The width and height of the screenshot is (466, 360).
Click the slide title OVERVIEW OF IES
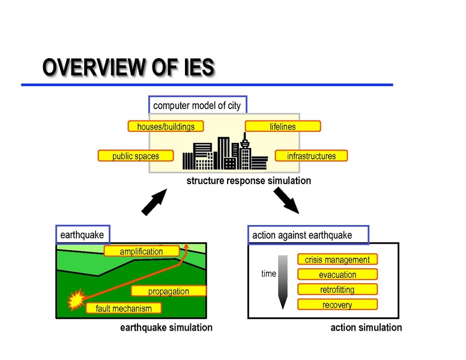click(x=128, y=68)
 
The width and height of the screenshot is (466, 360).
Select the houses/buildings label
click(x=166, y=127)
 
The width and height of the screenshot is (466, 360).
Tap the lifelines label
click(x=283, y=127)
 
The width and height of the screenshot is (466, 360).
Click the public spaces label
click(x=136, y=156)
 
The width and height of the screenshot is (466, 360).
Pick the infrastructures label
click(x=311, y=156)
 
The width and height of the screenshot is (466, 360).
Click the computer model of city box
click(x=197, y=106)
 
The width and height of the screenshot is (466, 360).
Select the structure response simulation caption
click(x=249, y=181)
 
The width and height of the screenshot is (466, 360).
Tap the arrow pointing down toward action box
click(x=286, y=200)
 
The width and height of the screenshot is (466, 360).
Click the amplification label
click(x=141, y=251)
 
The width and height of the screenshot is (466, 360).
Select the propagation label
click(x=169, y=292)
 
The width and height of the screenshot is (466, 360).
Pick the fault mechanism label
click(x=124, y=309)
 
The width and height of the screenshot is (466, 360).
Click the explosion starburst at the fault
click(x=76, y=299)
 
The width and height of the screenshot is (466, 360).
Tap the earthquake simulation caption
click(x=166, y=328)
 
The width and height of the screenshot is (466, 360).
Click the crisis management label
click(x=337, y=260)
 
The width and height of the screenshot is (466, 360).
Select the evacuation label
click(x=337, y=275)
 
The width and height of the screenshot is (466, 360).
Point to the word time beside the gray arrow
click(x=268, y=274)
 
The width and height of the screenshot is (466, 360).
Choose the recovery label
click(x=337, y=305)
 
